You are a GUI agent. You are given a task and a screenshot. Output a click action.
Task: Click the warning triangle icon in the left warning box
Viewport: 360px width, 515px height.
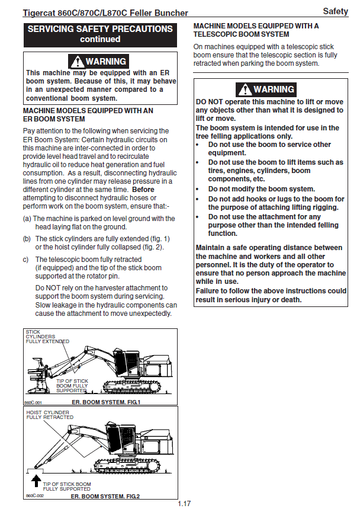point(76,61)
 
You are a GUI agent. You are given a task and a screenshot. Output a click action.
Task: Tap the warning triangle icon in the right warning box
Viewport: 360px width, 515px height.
point(244,89)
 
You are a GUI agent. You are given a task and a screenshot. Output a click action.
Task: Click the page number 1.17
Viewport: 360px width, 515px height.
point(184,504)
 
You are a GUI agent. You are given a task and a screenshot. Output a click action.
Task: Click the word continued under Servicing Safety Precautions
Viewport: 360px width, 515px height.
point(100,39)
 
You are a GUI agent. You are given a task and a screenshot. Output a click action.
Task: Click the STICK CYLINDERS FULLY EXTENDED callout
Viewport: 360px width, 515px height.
point(47,337)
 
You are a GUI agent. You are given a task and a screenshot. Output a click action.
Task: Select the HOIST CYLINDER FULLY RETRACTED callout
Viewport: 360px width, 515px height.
point(50,414)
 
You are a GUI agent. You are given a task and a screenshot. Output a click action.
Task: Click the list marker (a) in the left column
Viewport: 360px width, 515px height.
point(27,219)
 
